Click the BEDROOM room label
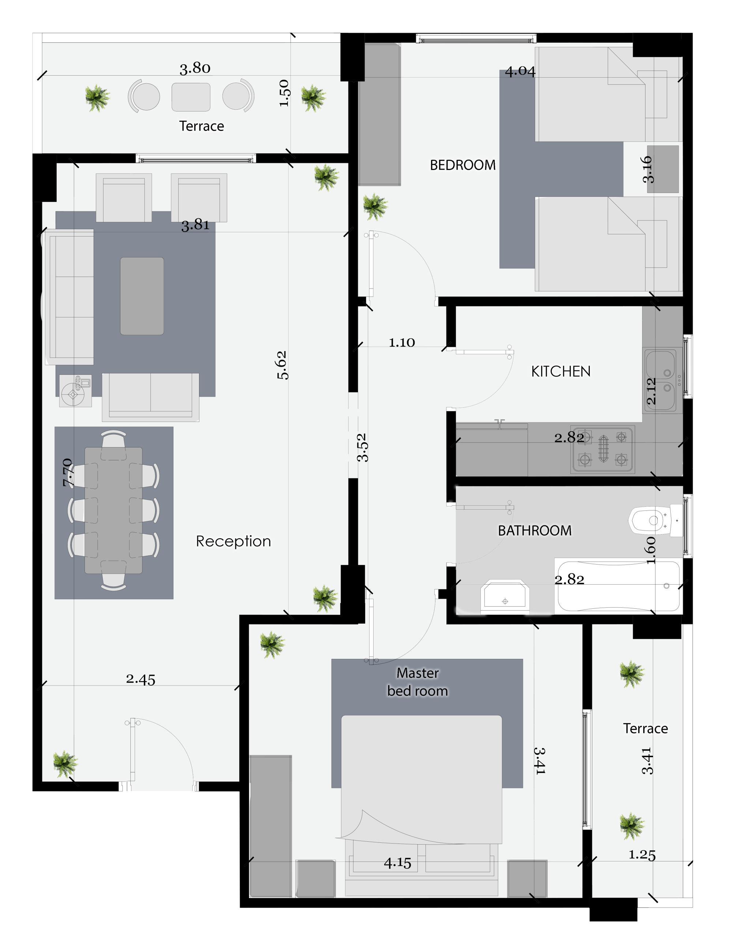(x=463, y=165)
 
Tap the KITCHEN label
(x=561, y=371)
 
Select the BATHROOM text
(x=535, y=531)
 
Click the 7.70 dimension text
(x=68, y=472)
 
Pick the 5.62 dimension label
(x=282, y=365)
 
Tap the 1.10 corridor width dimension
(x=402, y=343)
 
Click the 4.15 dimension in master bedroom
(x=397, y=863)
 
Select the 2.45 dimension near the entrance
(x=141, y=679)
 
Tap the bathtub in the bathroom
(x=619, y=586)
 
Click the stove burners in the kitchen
(x=603, y=449)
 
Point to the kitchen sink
(x=660, y=380)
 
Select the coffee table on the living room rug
(x=142, y=296)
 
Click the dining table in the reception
(x=113, y=510)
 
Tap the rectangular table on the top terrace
(x=191, y=97)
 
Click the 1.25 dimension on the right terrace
(x=642, y=855)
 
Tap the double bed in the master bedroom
(x=422, y=803)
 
